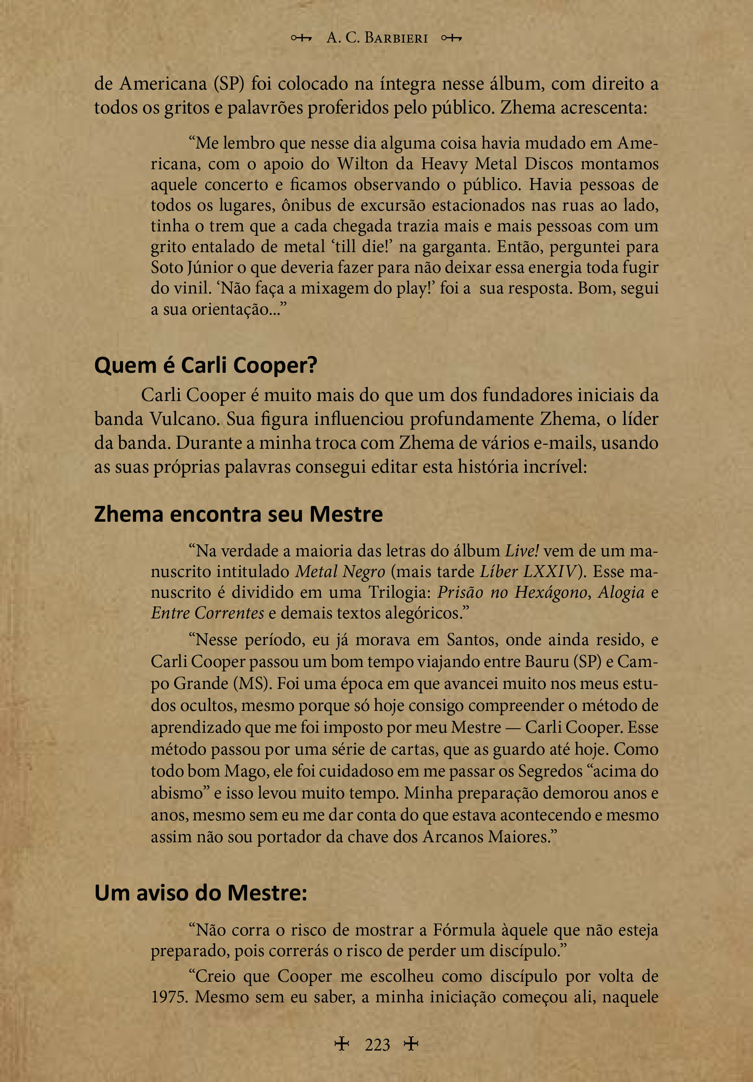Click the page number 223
[377, 1045]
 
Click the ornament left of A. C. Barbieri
[301, 38]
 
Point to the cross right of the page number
[411, 1044]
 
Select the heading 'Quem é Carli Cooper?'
[206, 365]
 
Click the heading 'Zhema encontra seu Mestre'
[238, 514]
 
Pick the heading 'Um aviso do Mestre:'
[200, 892]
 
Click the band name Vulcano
[184, 419]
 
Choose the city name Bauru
[546, 661]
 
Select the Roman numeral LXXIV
[550, 571]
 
